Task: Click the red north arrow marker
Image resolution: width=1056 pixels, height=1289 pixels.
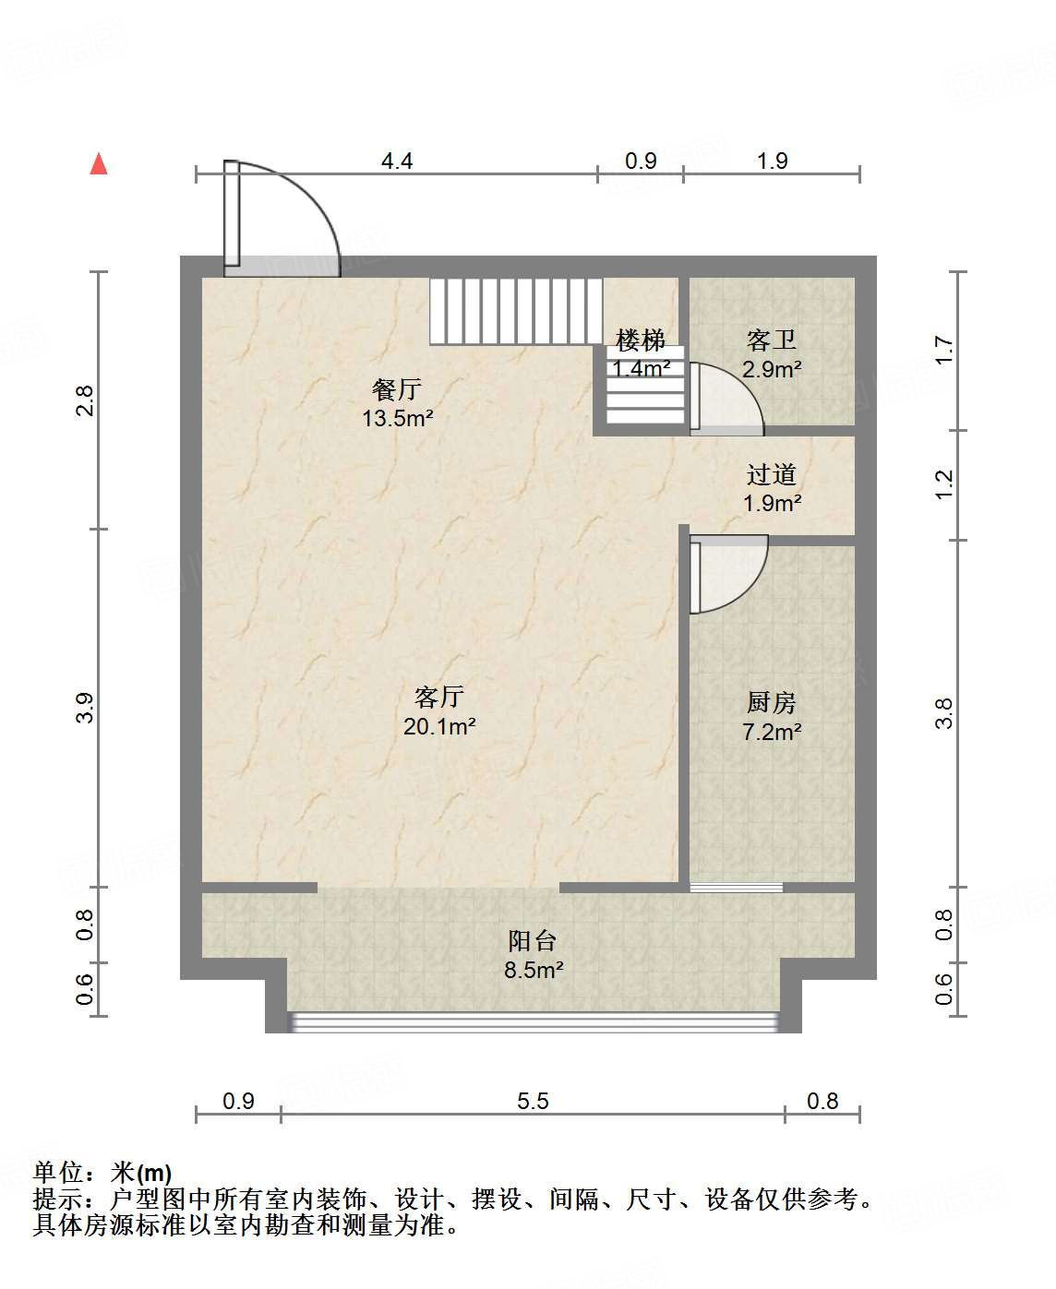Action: pos(99,164)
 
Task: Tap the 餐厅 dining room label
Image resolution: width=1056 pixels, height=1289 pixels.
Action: pos(397,389)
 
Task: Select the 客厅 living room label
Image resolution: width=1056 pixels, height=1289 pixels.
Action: pos(438,697)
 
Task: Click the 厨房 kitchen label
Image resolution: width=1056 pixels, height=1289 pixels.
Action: pos(771,703)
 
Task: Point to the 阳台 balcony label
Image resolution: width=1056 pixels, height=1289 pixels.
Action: pos(533,941)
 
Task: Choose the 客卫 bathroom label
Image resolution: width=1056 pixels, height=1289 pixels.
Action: pos(771,340)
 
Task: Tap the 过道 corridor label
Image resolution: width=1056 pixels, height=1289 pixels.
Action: pos(771,475)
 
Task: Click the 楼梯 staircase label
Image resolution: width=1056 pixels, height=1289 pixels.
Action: pos(641,340)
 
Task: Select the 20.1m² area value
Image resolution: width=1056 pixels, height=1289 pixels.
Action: pos(439,727)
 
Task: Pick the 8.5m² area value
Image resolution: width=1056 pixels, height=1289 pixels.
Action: pos(534,971)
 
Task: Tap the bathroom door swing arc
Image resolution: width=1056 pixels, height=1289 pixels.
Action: pos(727,397)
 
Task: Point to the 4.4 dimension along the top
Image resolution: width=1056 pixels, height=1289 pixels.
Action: pos(397,161)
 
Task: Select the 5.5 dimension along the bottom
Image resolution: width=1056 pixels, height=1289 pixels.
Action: pos(533,1101)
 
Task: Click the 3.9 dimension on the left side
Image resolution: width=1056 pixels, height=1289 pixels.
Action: pos(85,708)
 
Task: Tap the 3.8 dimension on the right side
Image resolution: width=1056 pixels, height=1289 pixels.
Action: pos(943,713)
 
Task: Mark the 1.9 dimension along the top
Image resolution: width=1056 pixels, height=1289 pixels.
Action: pos(772,161)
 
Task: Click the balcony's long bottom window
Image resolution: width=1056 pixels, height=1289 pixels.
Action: pos(534,1021)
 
